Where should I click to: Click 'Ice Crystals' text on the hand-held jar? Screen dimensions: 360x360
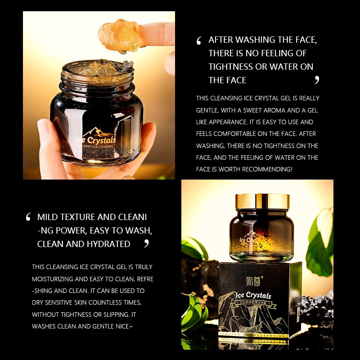pyautogui.click(x=96, y=139)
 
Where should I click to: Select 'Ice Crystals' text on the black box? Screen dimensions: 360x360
pyautogui.click(x=254, y=296)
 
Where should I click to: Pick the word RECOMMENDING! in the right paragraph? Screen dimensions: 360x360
pyautogui.click(x=267, y=169)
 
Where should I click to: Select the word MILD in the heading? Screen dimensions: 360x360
pyautogui.click(x=48, y=217)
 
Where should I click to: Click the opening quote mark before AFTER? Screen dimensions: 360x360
pyautogui.click(x=199, y=41)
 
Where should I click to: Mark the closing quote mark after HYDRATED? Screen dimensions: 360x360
pyautogui.click(x=146, y=243)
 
